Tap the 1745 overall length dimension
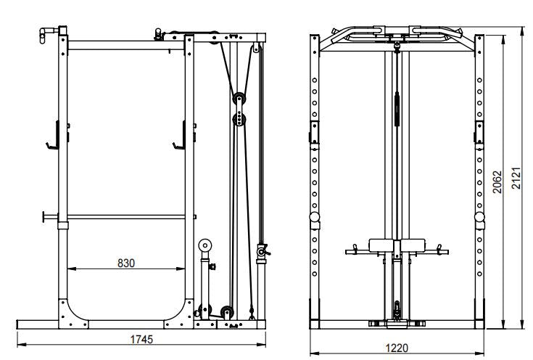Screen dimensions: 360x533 coord(141,339)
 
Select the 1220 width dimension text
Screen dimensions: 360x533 coord(397,349)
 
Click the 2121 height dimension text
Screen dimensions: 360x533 coord(516,177)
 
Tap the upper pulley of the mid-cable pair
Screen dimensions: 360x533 coord(237,99)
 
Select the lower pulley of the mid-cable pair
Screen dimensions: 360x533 coord(239,118)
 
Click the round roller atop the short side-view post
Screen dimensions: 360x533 coord(206,246)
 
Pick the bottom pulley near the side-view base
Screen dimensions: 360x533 coord(226,312)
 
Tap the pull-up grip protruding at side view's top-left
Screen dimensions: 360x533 coord(47,31)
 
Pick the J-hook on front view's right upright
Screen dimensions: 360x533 coord(479,132)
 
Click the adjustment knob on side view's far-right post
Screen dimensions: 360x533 coord(262,251)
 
